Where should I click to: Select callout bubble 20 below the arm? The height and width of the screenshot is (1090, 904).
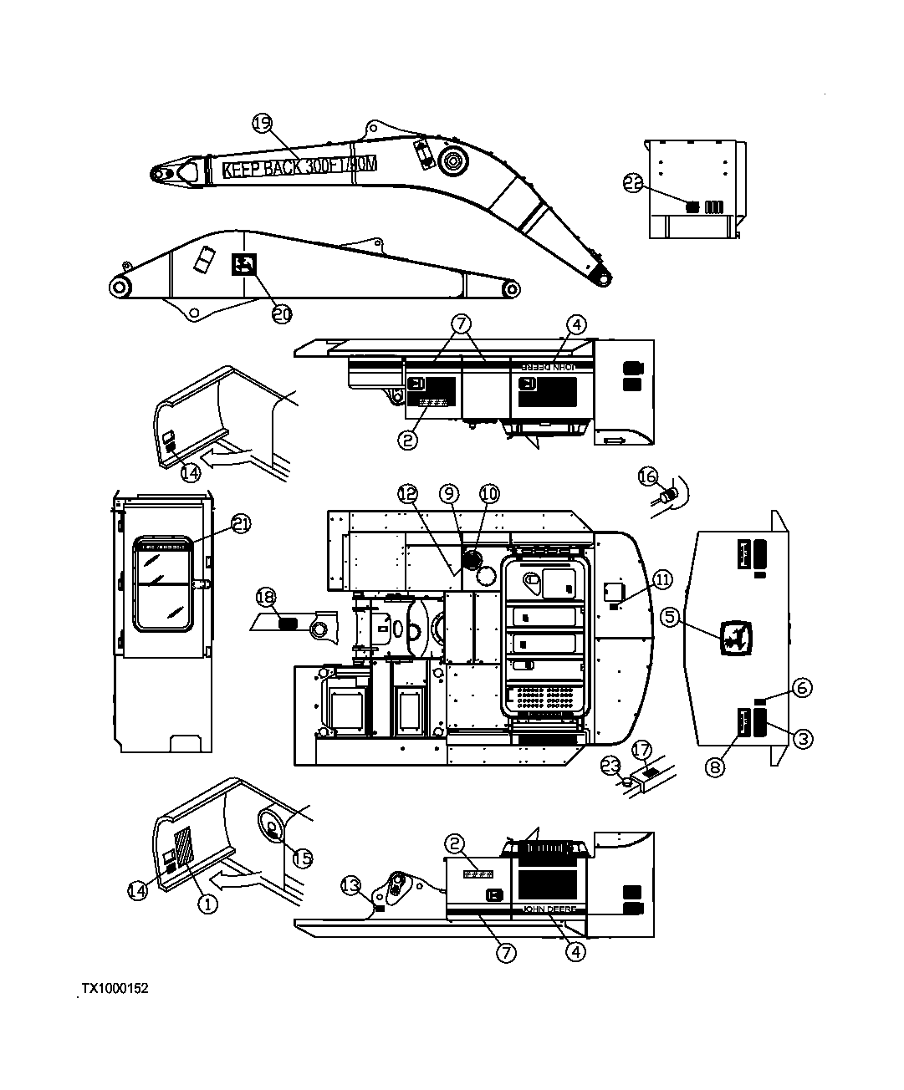click(x=282, y=313)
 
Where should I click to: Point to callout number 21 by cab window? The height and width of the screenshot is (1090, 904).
click(x=242, y=524)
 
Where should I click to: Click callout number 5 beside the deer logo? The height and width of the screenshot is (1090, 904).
click(x=670, y=617)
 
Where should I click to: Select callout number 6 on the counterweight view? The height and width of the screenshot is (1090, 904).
click(x=801, y=688)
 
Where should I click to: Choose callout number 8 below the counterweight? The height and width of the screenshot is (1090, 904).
click(x=714, y=767)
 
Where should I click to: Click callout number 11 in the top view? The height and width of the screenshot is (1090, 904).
click(x=661, y=578)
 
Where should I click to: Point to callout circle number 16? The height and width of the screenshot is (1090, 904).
click(x=648, y=476)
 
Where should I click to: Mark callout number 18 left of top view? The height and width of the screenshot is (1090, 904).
click(x=265, y=597)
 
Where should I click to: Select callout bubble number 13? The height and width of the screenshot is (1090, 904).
click(x=352, y=884)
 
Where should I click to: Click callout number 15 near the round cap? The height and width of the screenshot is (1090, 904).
click(x=302, y=858)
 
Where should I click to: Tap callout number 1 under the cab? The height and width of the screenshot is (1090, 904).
click(x=207, y=903)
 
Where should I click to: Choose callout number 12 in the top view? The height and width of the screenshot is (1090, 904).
click(x=407, y=494)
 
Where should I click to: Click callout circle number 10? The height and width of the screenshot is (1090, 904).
click(x=488, y=494)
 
